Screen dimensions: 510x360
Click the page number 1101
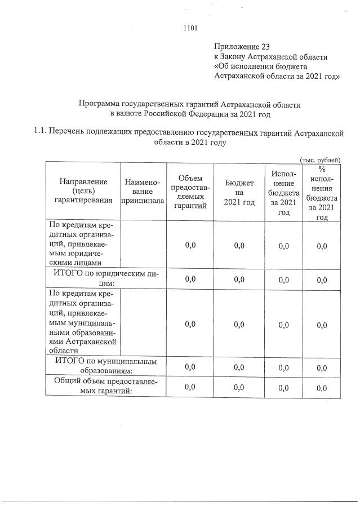[190, 26]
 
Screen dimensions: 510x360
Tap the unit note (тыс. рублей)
[320, 159]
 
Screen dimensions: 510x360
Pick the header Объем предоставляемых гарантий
[190, 192]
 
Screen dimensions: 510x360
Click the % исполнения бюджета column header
[322, 192]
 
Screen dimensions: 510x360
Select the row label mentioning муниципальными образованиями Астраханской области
[83, 323]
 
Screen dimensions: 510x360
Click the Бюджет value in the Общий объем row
[239, 387]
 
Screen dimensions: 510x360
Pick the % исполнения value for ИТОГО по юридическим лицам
[322, 279]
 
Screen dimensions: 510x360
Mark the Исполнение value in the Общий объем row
[283, 387]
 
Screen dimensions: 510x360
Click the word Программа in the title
[103, 104]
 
